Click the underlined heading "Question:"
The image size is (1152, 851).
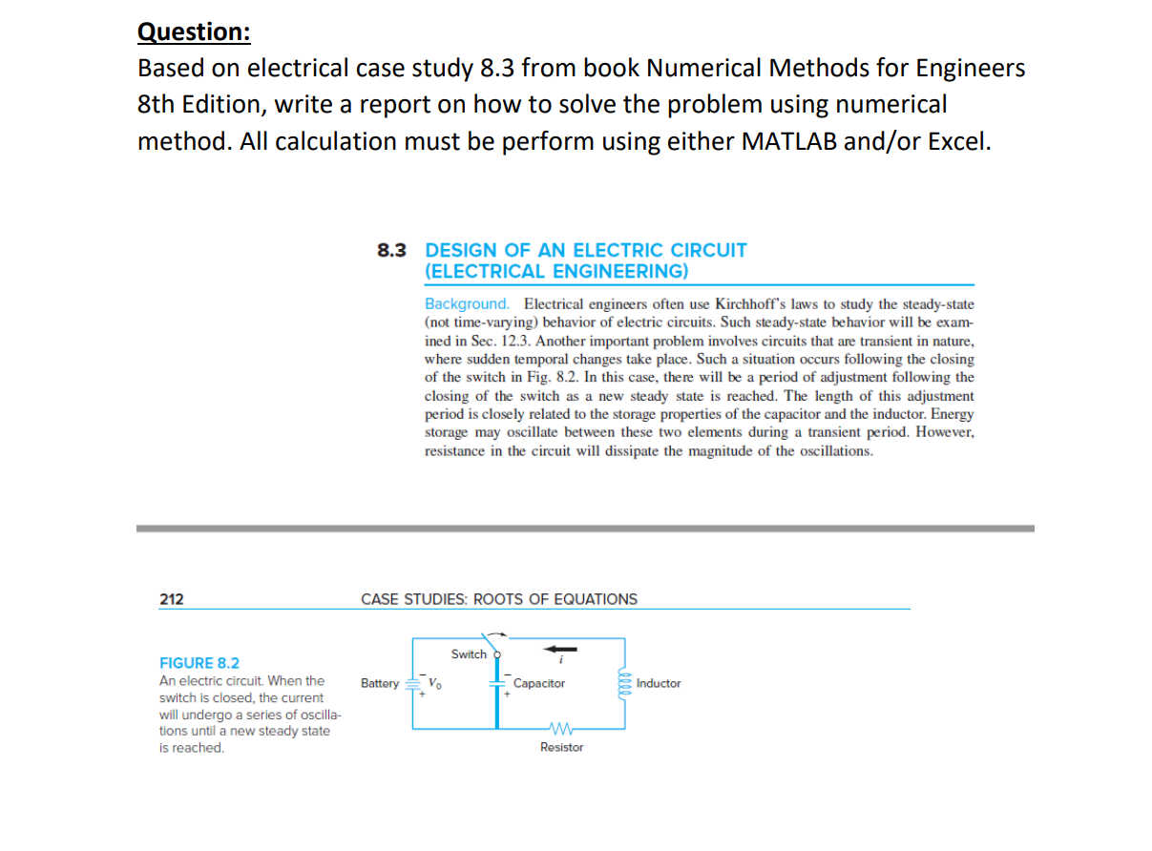(194, 31)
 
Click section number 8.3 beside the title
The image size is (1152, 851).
(392, 250)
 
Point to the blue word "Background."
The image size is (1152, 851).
(467, 304)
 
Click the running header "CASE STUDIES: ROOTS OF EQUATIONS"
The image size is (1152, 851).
(499, 599)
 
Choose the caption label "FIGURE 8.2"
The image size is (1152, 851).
(199, 663)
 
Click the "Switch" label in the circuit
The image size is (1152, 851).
(469, 654)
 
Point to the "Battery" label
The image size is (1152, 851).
(380, 684)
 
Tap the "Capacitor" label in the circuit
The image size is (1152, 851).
(539, 684)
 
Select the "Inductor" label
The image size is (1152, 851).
(659, 684)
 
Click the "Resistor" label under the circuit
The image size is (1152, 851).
(561, 747)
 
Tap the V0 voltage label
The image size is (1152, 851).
(433, 684)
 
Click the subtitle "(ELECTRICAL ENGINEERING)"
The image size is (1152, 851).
(555, 271)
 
